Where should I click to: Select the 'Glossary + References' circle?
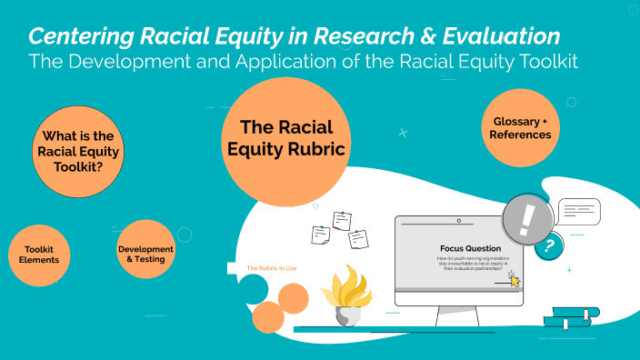(x=521, y=128)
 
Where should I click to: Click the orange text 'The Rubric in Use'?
(x=272, y=268)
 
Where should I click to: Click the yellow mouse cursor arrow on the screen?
(x=515, y=279)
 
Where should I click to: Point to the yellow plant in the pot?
(x=346, y=285)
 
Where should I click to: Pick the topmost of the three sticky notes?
(x=342, y=220)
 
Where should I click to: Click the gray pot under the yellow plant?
(x=347, y=315)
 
